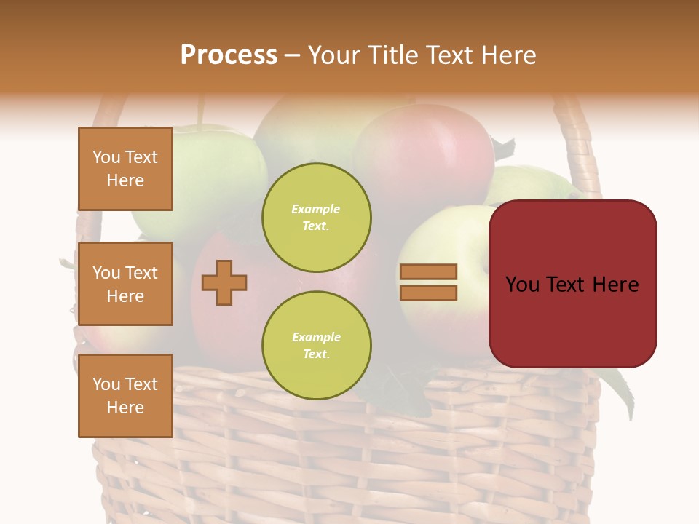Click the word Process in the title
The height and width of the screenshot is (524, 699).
pyautogui.click(x=229, y=55)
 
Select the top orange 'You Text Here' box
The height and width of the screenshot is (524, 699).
pyautogui.click(x=125, y=169)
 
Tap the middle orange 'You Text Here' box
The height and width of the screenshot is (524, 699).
pyautogui.click(x=125, y=284)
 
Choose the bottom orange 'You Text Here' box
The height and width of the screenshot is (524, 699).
pyautogui.click(x=125, y=396)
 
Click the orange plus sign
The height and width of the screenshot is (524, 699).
pyautogui.click(x=224, y=282)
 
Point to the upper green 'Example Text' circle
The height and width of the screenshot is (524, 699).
pyautogui.click(x=317, y=218)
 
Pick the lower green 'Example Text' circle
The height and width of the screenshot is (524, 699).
pyautogui.click(x=317, y=346)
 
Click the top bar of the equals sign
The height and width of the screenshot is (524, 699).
pyautogui.click(x=428, y=272)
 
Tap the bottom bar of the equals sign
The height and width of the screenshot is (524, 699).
pyautogui.click(x=428, y=293)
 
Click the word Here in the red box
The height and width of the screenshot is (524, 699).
pyautogui.click(x=615, y=285)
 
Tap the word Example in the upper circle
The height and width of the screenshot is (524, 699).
pyautogui.click(x=316, y=210)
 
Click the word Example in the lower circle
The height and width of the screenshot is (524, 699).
pyautogui.click(x=316, y=338)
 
